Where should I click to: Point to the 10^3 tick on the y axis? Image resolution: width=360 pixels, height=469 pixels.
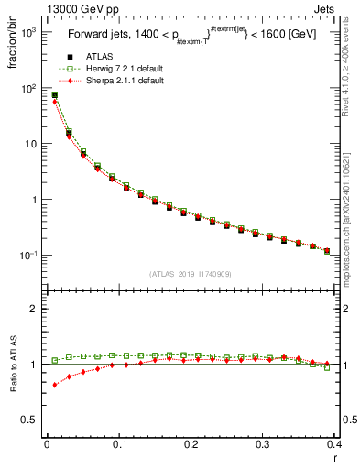pos(27,33)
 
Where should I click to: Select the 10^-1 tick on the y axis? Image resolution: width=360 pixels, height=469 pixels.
pos(27,255)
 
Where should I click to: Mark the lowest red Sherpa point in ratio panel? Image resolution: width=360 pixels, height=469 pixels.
pos(54,385)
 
